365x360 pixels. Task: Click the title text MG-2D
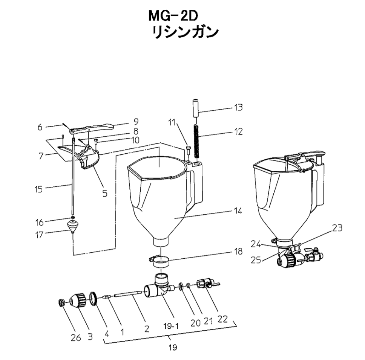[x=173, y=17]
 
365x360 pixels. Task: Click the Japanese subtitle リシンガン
[x=185, y=32]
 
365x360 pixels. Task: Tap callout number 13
[x=238, y=107]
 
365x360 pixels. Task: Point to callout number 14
[x=238, y=211]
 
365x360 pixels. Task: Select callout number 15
[x=38, y=189]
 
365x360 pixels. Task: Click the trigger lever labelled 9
[x=92, y=128]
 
